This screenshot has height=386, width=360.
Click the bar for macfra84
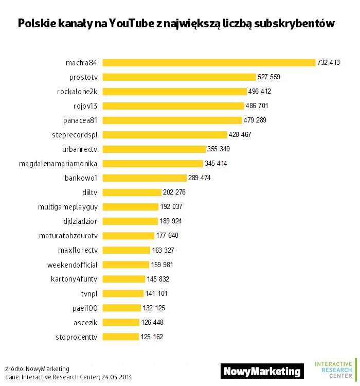tap(209, 62)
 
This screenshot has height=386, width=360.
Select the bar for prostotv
tap(179, 77)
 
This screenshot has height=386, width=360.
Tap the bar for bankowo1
tap(145, 178)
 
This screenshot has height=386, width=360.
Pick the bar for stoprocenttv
tap(121, 337)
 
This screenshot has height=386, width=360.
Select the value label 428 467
tap(241, 134)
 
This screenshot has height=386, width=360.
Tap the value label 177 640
tap(168, 236)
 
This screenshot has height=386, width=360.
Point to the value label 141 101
tap(157, 293)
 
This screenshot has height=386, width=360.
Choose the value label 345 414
tap(216, 163)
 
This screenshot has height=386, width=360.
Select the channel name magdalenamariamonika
tap(58, 163)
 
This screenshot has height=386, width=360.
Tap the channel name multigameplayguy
tap(67, 206)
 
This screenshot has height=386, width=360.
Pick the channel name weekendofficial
tap(72, 265)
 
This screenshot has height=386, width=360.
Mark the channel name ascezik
tap(85, 322)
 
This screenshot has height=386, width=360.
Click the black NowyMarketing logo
tap(262, 371)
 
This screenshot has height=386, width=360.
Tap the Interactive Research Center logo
tap(334, 369)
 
